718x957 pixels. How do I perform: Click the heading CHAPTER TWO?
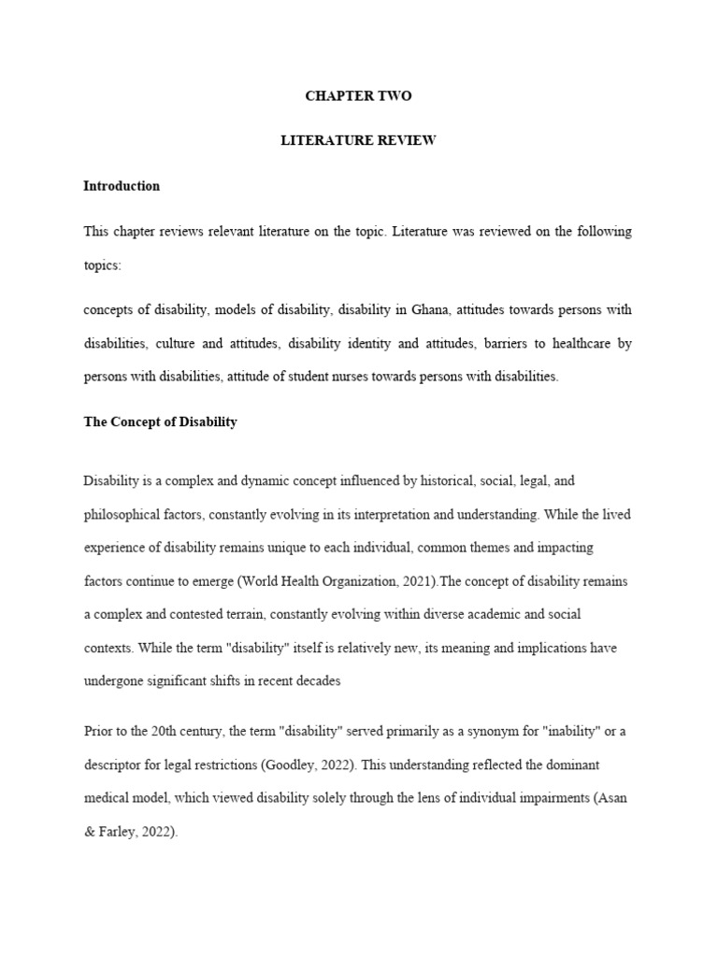click(358, 96)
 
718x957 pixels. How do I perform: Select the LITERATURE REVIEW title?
click(358, 141)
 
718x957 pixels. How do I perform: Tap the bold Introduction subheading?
click(122, 186)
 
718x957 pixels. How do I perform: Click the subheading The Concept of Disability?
click(160, 421)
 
